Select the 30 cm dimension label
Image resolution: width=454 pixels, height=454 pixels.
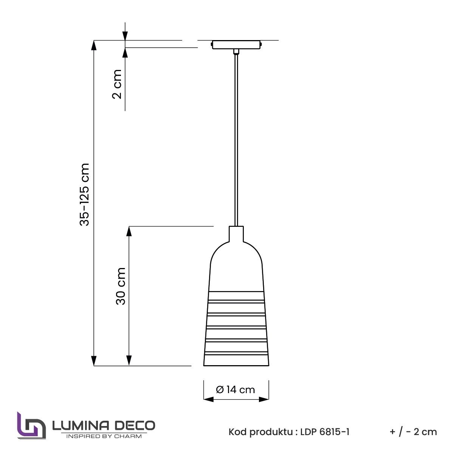(x=121, y=286)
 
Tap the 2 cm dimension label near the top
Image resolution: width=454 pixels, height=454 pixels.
(x=117, y=84)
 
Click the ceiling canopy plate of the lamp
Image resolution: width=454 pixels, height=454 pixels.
(x=236, y=45)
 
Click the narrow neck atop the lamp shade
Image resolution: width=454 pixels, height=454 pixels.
(x=236, y=234)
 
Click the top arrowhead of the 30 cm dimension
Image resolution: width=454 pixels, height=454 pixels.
(x=129, y=231)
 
